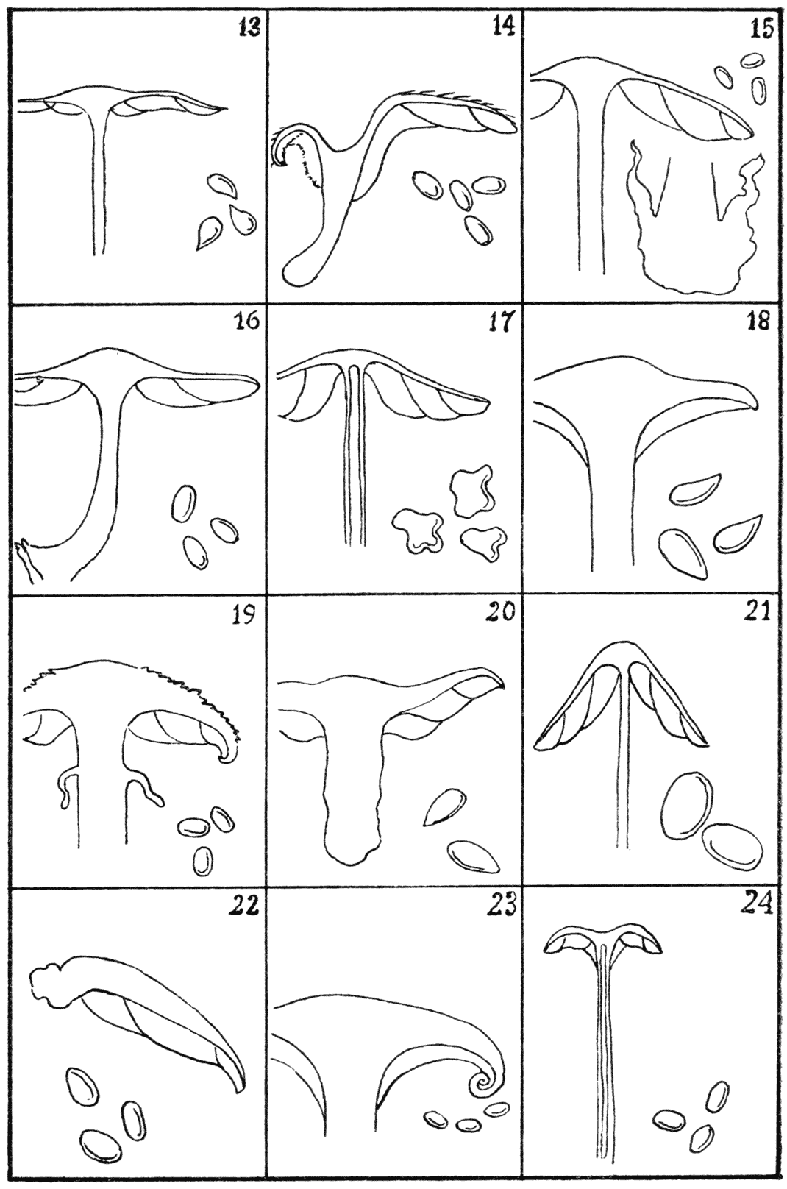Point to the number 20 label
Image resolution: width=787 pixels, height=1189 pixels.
(502, 613)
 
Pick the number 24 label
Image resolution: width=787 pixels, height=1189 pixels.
(757, 906)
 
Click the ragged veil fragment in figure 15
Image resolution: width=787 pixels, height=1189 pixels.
(695, 223)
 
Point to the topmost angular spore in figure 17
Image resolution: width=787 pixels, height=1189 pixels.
(471, 491)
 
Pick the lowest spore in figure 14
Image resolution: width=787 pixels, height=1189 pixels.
(477, 230)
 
